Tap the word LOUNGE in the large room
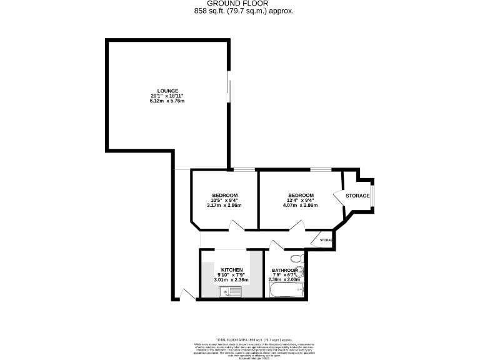click(x=167, y=90)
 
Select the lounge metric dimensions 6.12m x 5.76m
click(x=167, y=101)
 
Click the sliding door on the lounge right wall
click(x=229, y=86)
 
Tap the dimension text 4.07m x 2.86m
click(x=300, y=205)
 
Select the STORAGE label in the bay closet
click(x=357, y=196)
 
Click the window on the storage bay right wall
click(x=373, y=196)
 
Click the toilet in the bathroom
click(x=296, y=257)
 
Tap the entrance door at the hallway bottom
click(x=184, y=294)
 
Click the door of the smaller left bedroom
click(x=237, y=226)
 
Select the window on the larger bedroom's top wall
click(x=321, y=169)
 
